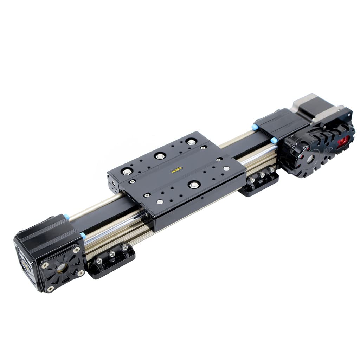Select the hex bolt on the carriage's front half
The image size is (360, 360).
tap(193, 185)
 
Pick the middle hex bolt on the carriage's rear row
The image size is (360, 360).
tap(159, 155)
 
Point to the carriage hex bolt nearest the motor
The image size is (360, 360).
tap(191, 142)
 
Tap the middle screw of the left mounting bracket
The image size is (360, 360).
tap(112, 253)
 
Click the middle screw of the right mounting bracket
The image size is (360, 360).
tap(262, 175)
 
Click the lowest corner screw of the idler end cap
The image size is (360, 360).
tap(50, 288)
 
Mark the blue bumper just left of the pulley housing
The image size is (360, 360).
tap(274, 140)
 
